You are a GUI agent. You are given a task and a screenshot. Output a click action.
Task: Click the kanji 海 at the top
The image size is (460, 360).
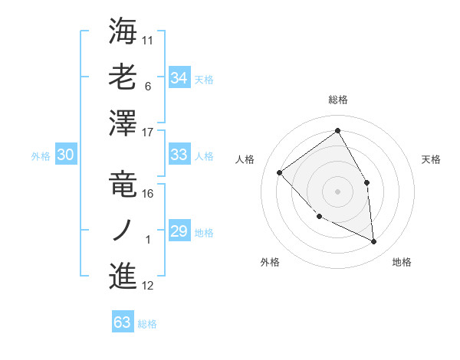click(123, 31)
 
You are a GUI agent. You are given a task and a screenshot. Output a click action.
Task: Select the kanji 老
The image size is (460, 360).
click(123, 77)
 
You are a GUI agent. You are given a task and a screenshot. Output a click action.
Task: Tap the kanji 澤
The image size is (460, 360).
click(123, 123)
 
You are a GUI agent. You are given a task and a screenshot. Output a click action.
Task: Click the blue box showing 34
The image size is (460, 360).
click(179, 78)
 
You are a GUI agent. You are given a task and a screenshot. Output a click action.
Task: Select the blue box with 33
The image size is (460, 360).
click(179, 155)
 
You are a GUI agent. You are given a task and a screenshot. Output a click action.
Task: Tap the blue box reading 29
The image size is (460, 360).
click(179, 231)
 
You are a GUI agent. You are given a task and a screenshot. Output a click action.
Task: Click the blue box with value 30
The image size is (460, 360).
click(65, 155)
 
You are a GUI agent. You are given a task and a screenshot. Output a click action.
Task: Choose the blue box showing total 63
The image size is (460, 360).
click(122, 322)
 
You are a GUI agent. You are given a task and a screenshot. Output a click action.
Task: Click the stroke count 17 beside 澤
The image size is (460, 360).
click(149, 133)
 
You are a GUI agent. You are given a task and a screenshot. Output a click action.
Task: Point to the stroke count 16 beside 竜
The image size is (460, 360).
click(149, 194)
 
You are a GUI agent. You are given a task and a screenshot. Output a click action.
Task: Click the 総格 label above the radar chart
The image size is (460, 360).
click(337, 100)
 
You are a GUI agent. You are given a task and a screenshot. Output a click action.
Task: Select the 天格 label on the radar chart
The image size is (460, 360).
click(432, 159)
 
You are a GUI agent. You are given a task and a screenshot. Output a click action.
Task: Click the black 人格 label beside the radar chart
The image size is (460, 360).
click(245, 159)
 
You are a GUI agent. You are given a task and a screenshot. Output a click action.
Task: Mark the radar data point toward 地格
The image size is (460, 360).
click(374, 241)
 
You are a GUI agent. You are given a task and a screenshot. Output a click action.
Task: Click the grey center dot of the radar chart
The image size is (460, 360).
click(337, 191)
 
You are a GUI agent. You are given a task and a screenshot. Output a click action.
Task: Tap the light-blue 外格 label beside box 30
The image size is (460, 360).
click(41, 155)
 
